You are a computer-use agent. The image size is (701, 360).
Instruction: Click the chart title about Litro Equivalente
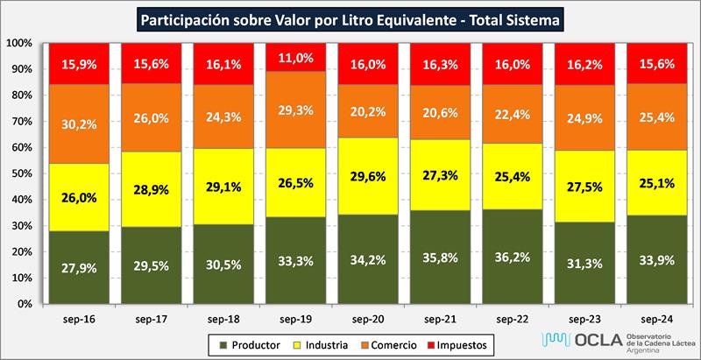[x=350, y=18]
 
